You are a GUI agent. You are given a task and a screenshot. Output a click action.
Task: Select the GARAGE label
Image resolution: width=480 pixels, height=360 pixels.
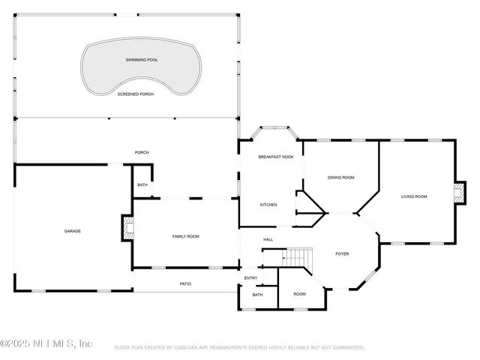pos(72,231)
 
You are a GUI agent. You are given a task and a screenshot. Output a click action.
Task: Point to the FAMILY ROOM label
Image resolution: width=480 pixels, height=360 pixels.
pos(185,236)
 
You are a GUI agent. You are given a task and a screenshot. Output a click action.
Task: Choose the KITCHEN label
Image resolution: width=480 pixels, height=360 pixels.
pos(268,205)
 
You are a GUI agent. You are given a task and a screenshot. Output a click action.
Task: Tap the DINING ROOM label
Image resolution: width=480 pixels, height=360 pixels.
pos(340,178)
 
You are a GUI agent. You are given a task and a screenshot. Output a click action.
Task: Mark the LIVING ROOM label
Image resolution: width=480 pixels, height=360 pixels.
pos(413,196)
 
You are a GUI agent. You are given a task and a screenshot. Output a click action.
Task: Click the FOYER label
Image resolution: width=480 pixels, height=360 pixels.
pos(342,254)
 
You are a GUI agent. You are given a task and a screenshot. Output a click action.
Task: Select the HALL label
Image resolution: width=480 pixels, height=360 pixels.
pos(268,239)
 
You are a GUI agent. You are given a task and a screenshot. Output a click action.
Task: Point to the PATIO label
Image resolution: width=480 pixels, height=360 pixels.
pos(185,283)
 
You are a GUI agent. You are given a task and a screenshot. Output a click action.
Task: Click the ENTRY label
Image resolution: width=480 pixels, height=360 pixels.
pos(250,278)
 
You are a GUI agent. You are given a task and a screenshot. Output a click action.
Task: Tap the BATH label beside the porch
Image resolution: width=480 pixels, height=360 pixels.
pos(142,185)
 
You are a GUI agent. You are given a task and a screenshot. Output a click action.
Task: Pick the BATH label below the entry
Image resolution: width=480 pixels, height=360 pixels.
pos(257,295)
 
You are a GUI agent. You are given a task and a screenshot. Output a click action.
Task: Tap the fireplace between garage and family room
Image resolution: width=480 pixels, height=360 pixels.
pos(127,227)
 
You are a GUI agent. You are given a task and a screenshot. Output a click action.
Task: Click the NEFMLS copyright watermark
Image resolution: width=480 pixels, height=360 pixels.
pos(46,344)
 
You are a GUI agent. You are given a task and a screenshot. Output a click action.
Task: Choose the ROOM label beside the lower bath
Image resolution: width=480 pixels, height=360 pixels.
pos(299,294)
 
